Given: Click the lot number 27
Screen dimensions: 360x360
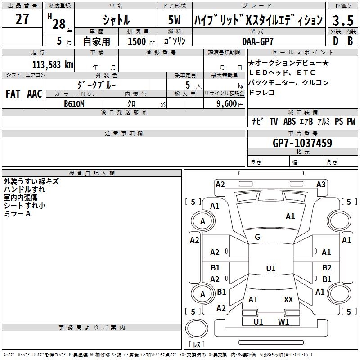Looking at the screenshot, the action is [22, 19].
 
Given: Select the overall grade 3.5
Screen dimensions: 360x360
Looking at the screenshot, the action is [343, 20].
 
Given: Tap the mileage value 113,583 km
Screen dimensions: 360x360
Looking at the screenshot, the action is [53, 65].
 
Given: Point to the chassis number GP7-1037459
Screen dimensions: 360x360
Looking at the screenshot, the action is [302, 143].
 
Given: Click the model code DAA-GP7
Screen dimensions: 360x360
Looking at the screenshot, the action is [257, 41].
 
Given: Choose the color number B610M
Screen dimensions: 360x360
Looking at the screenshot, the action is [74, 104].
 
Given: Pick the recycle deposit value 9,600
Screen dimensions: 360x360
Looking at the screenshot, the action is [227, 104].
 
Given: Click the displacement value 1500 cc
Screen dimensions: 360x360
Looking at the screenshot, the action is [141, 41].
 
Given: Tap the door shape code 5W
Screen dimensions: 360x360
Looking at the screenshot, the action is [174, 20].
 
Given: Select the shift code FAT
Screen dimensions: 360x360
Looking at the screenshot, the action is [13, 94].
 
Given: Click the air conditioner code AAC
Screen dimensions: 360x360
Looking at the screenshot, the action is [35, 94].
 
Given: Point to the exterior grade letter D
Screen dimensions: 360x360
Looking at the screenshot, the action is [336, 41].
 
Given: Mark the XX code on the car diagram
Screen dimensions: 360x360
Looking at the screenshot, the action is [288, 300].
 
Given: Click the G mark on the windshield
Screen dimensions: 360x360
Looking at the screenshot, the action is [257, 237].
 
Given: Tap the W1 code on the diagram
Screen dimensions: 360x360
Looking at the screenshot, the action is [283, 322].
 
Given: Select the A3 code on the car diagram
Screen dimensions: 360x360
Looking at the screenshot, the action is [321, 184].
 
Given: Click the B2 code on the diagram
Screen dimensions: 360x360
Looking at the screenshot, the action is [327, 268].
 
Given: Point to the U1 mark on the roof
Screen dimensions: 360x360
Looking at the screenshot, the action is [271, 268].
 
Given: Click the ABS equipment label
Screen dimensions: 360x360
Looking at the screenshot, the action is [289, 121].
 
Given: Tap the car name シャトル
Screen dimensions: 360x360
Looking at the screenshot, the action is [116, 20].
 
